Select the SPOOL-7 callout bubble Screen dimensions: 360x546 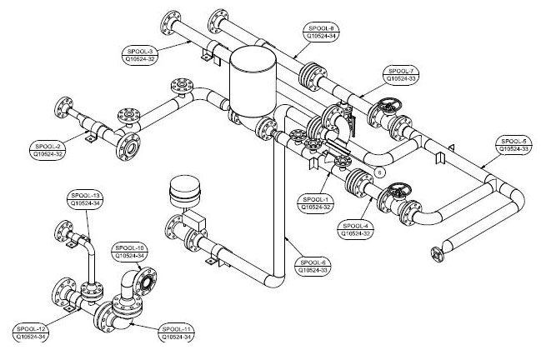(402, 75)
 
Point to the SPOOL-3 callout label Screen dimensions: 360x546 (140, 55)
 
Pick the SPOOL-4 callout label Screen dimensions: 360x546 (356, 229)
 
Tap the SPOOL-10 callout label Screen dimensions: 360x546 (130, 252)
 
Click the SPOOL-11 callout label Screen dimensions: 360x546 (177, 332)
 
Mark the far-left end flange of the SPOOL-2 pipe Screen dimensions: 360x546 (63, 108)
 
